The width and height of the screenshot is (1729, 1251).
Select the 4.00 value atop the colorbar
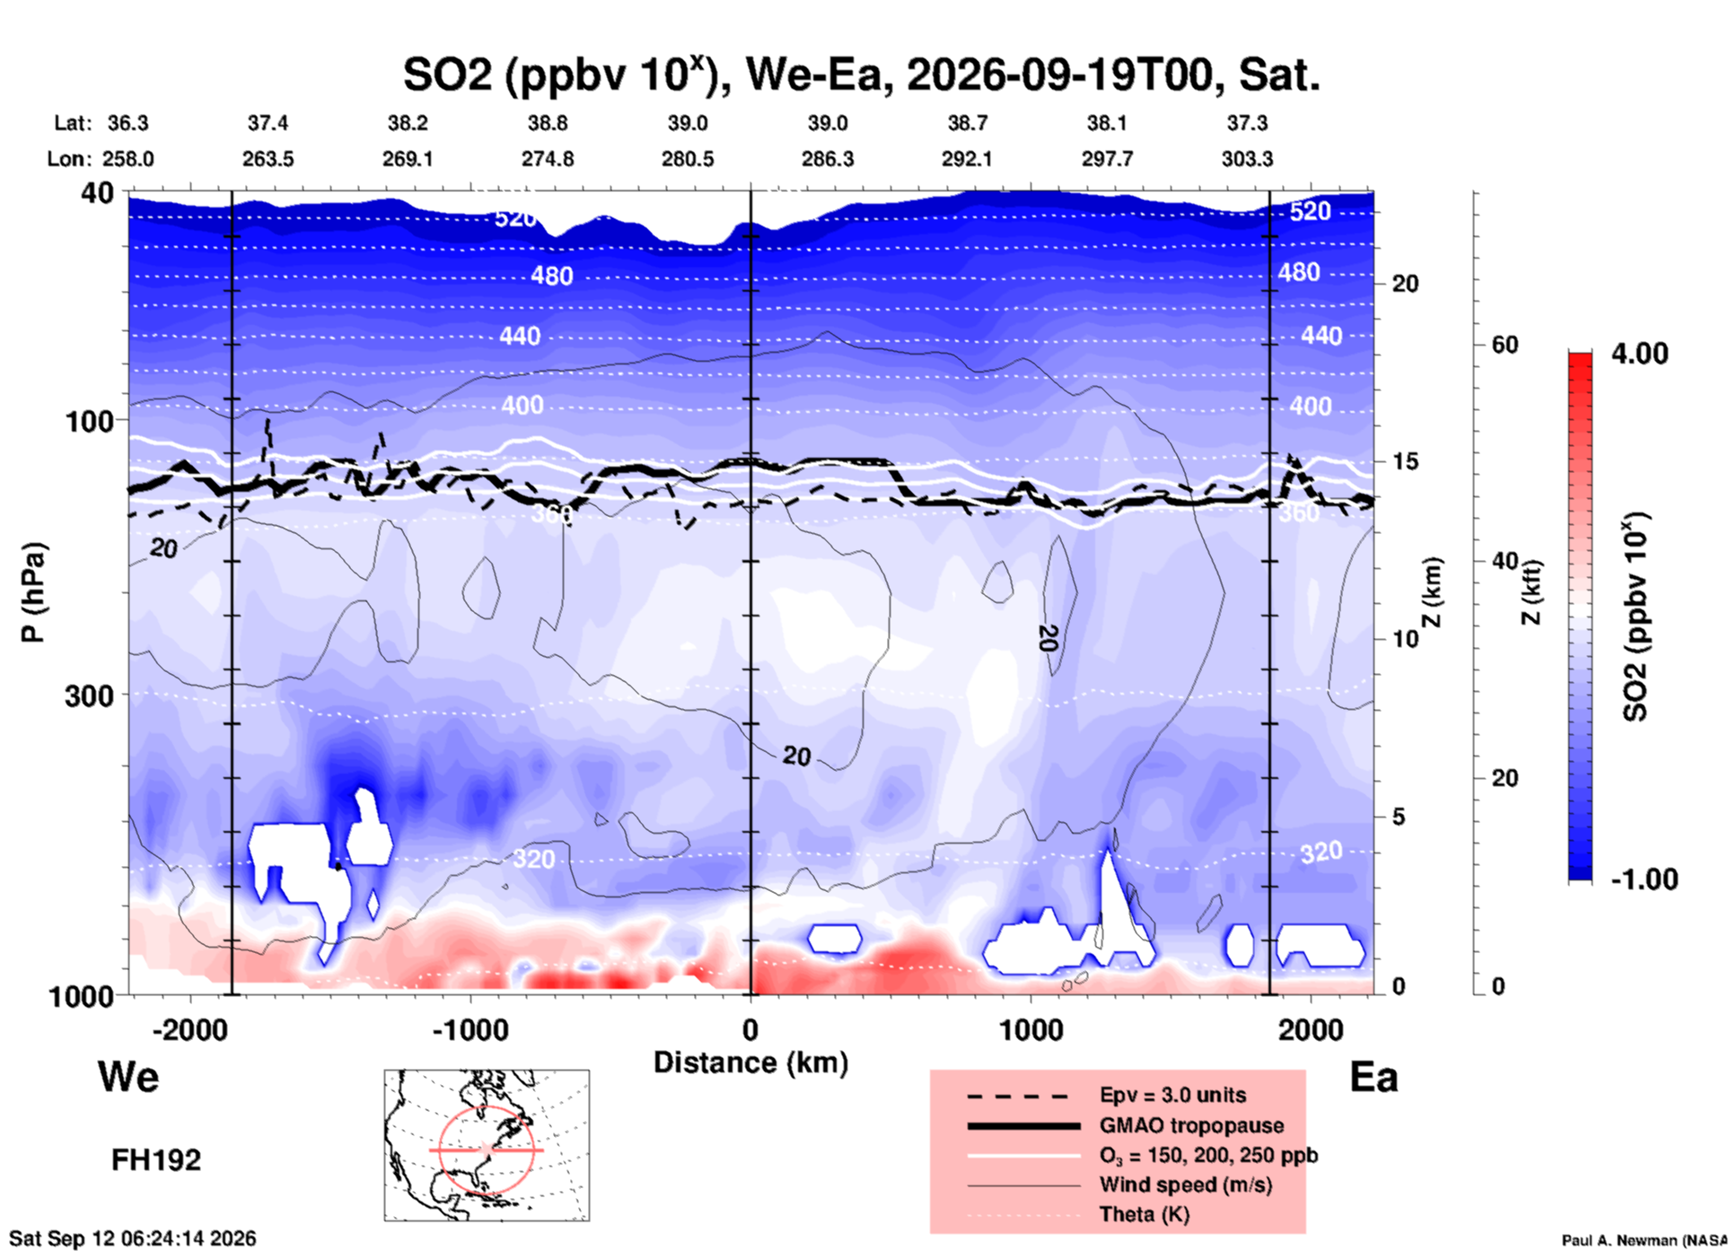pos(1639,354)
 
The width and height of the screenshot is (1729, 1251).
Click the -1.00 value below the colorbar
pos(1644,879)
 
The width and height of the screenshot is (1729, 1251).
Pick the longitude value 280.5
pos(688,159)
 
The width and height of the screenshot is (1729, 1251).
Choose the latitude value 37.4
pos(268,123)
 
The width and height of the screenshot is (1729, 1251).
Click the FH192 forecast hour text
pos(156,1160)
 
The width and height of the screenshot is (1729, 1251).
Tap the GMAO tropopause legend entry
pos(1191,1125)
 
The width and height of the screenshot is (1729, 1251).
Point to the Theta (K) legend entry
pos(1145,1214)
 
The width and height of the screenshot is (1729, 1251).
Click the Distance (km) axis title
pos(750,1063)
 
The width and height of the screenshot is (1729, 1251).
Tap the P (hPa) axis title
pos(32,592)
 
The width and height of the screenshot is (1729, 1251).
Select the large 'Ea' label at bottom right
pos(1374,1077)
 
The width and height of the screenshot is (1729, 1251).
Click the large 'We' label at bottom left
pos(128,1076)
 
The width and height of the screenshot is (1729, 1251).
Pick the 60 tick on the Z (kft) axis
pos(1504,345)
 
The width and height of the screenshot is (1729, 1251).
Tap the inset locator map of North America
pos(487,1145)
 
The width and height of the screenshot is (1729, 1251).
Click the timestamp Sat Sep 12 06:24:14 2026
pos(133,1238)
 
